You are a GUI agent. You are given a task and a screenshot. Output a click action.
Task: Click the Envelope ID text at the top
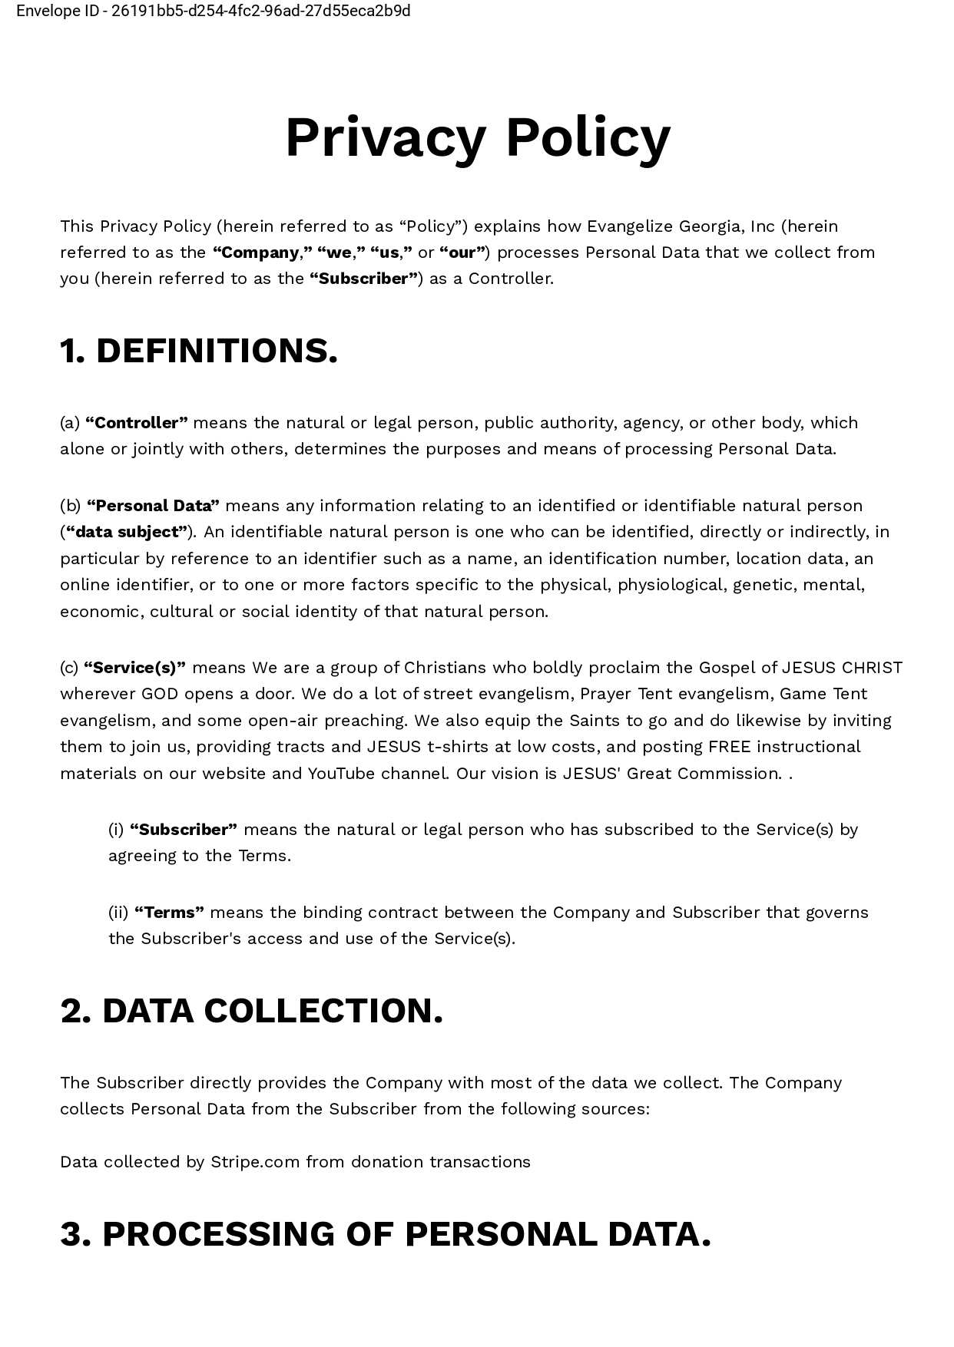[214, 11]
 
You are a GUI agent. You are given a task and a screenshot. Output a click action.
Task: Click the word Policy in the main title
[588, 138]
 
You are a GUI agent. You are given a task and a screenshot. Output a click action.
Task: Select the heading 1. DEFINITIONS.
[199, 351]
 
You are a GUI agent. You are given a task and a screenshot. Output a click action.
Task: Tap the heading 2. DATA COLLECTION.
[252, 1011]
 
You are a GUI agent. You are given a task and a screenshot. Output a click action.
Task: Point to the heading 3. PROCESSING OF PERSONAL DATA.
[386, 1234]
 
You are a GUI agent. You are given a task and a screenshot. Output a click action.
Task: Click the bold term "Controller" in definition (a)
[137, 423]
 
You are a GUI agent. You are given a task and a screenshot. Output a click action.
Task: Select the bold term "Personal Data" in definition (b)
[154, 506]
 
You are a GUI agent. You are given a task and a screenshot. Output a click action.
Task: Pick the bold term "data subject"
[127, 532]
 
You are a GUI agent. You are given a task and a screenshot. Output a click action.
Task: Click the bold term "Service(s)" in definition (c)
[134, 668]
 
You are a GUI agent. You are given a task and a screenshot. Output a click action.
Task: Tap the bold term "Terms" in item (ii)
[169, 913]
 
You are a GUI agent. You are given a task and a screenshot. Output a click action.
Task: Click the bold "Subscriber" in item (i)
[184, 830]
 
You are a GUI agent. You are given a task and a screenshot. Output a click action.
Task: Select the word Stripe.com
[255, 1162]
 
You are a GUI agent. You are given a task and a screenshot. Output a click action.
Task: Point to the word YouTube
[341, 774]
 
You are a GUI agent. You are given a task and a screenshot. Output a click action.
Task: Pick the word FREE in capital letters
[729, 747]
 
